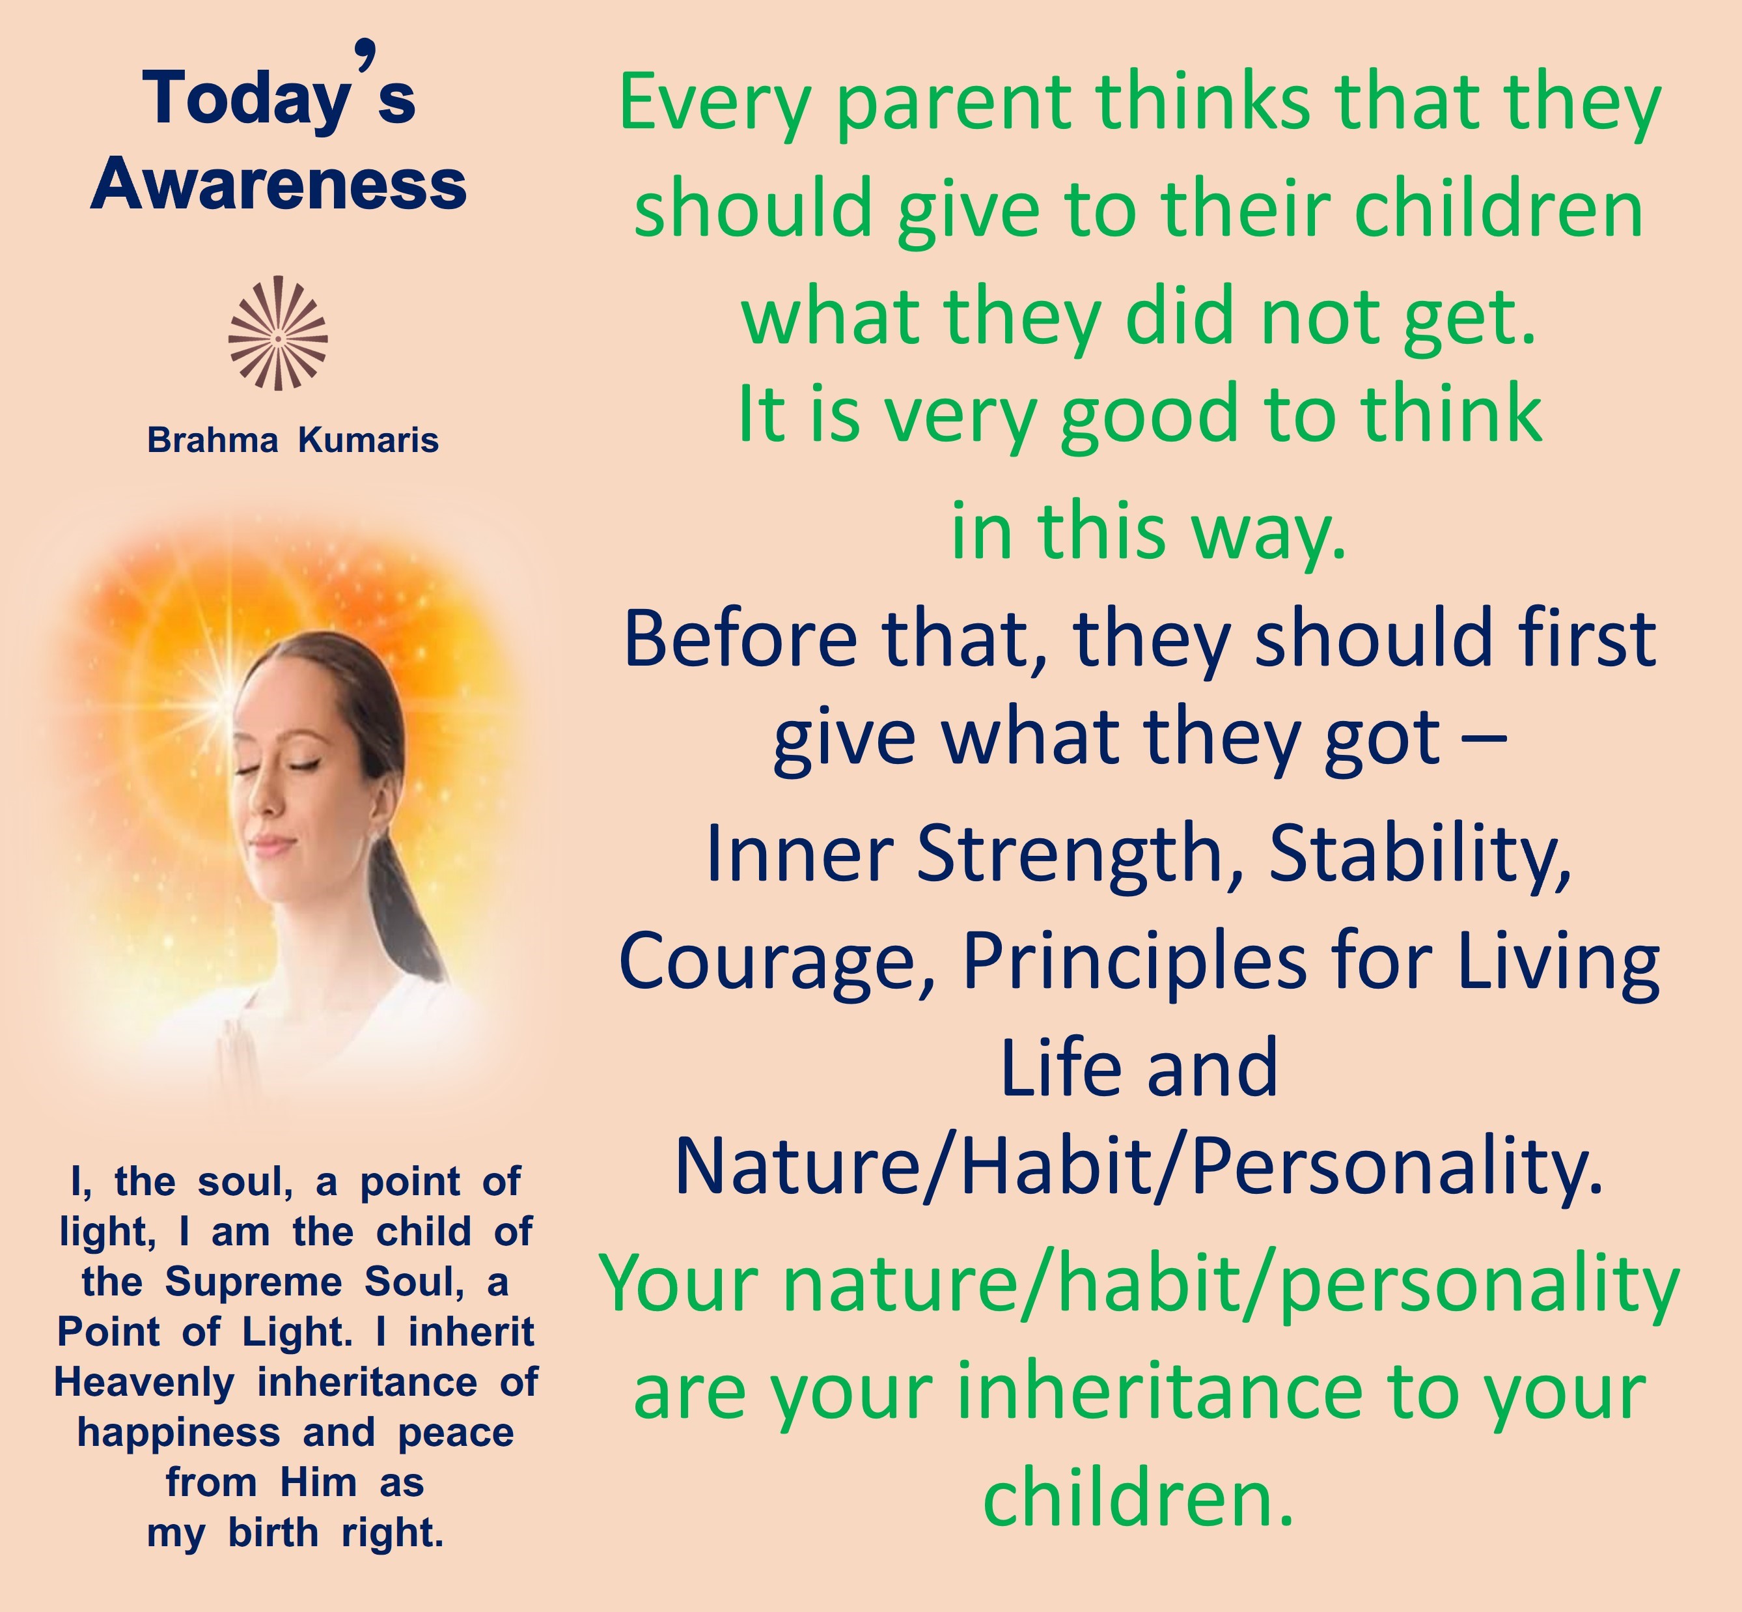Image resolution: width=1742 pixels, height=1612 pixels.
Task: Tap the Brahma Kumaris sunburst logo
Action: tap(278, 333)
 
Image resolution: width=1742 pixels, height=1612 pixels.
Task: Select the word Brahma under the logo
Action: tap(213, 440)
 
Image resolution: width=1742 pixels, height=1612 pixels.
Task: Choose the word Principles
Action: tap(1134, 963)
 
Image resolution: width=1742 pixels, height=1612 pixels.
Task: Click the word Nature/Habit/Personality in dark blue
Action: tap(1139, 1167)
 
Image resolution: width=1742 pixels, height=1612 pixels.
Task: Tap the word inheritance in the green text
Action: tap(1159, 1393)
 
